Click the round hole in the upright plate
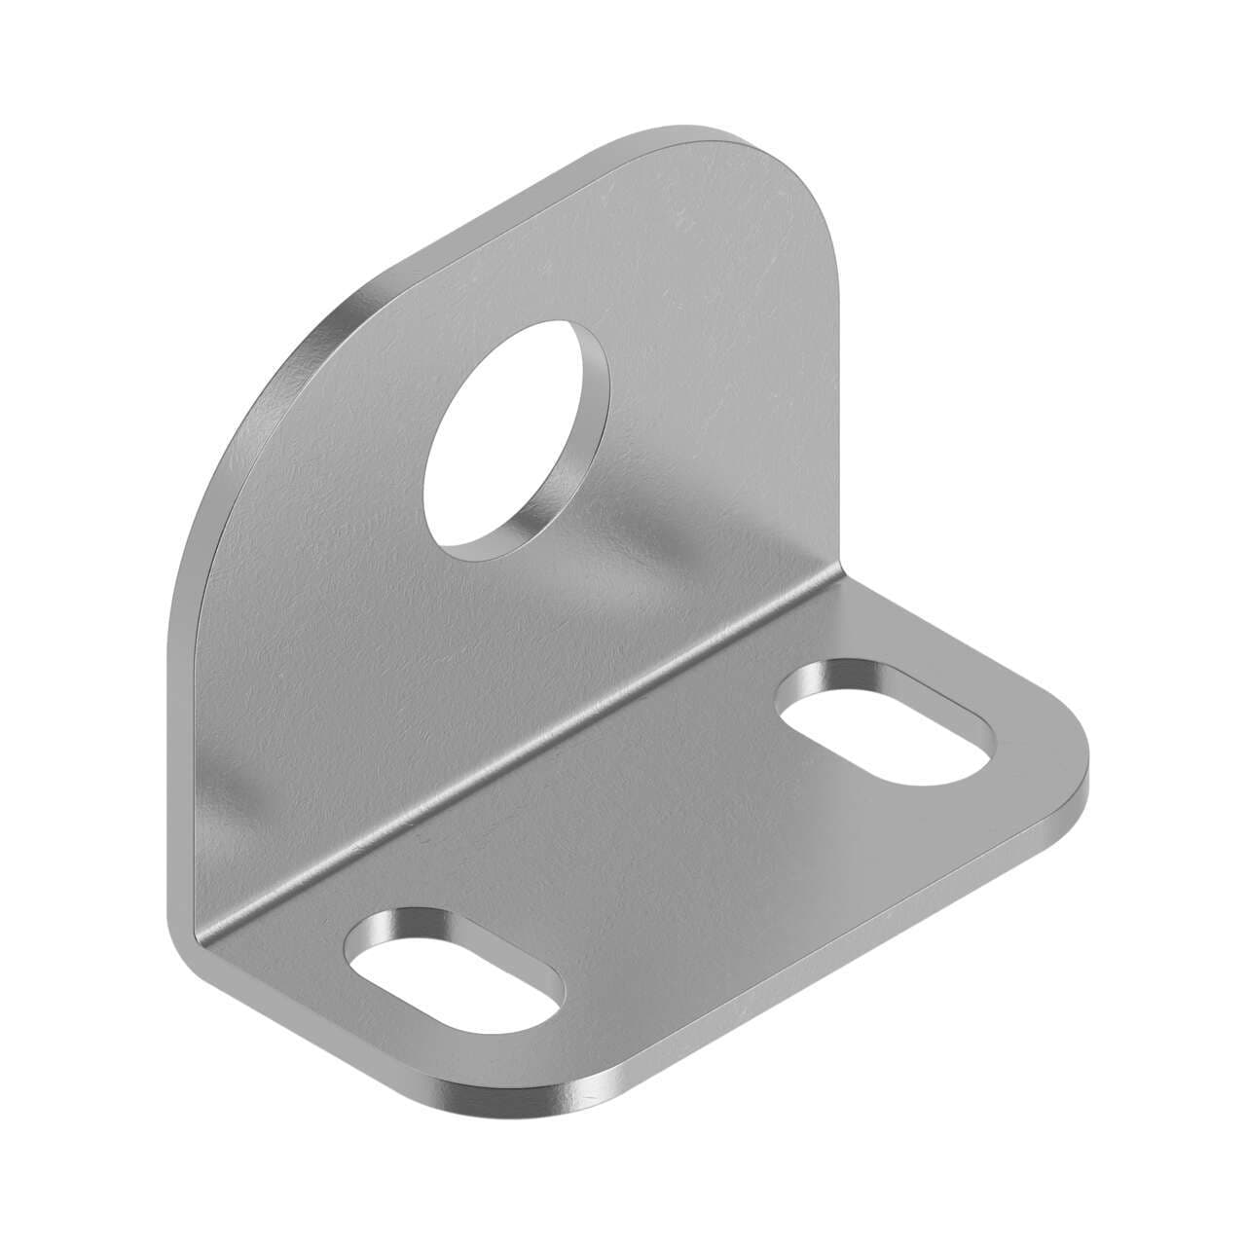[516, 438]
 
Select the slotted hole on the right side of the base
[886, 726]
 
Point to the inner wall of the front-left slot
[409, 925]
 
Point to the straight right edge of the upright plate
[832, 389]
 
